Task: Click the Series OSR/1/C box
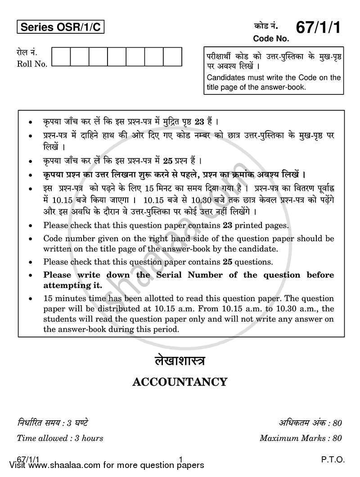pyautogui.click(x=61, y=28)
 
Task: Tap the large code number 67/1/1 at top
pyautogui.click(x=318, y=28)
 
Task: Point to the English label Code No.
pyautogui.click(x=270, y=39)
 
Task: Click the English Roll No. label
pyautogui.click(x=32, y=64)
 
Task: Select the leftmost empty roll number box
pyautogui.click(x=61, y=57)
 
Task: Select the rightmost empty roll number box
pyautogui.click(x=172, y=57)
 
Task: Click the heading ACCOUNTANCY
pyautogui.click(x=180, y=382)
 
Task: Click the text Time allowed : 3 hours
pyautogui.click(x=60, y=437)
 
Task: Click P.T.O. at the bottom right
pyautogui.click(x=333, y=459)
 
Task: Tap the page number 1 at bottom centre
pyautogui.click(x=180, y=459)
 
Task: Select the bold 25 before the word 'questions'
pyautogui.click(x=228, y=261)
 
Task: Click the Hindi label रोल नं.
pyautogui.click(x=26, y=54)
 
